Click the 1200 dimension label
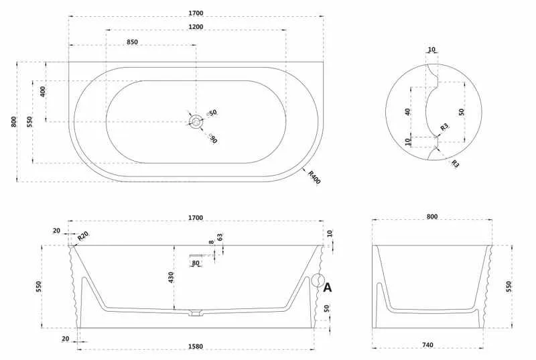pos(196,27)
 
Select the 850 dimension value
pos(132,42)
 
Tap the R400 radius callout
pos(314,178)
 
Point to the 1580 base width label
pos(196,347)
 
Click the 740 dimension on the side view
pos(427,345)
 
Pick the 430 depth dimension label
pos(172,277)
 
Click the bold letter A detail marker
pos(327,288)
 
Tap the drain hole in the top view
pos(196,121)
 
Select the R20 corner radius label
pos(82,235)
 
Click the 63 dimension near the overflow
pos(220,237)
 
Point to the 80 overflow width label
pos(196,263)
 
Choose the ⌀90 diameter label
pos(212,138)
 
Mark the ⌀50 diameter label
pos(212,113)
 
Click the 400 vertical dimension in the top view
pos(42,92)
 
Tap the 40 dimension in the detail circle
pos(407,111)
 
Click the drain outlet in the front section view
pos(196,313)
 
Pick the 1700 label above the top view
pos(196,13)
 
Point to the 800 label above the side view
pos(432,217)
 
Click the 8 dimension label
pos(212,242)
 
